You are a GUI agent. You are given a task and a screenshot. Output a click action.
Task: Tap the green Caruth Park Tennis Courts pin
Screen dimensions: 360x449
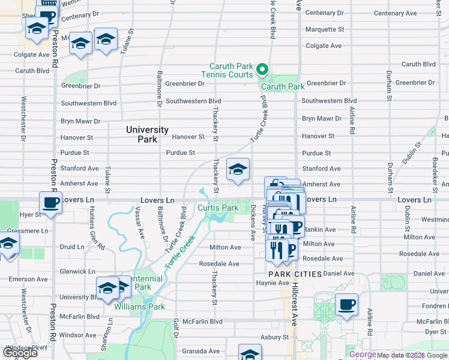[262, 70]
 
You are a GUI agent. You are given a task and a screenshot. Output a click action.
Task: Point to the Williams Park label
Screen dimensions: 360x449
[140, 307]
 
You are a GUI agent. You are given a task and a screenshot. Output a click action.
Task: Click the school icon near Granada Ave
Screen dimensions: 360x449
[250, 353]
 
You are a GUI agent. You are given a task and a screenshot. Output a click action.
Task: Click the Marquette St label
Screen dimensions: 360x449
[325, 29]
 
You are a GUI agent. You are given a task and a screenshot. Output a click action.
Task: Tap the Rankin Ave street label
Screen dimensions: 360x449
[319, 229]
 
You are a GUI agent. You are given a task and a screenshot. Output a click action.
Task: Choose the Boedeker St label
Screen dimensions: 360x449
[435, 172]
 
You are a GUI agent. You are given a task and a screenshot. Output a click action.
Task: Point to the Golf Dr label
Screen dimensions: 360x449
[176, 328]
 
